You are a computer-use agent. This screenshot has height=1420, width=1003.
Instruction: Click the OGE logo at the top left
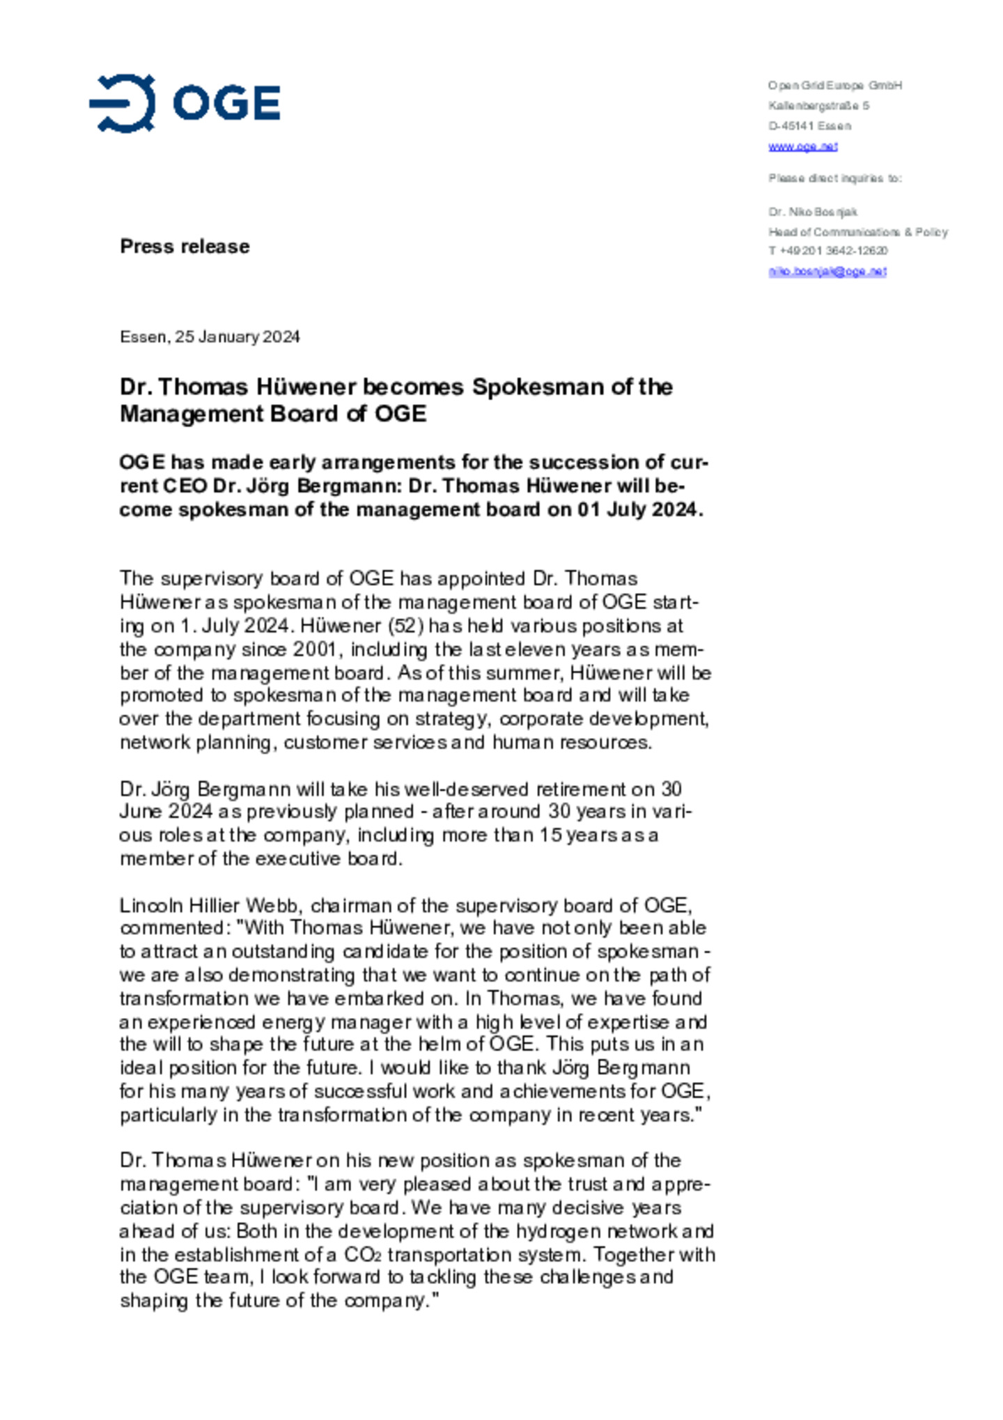(x=185, y=103)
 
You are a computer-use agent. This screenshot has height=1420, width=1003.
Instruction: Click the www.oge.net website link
(x=802, y=146)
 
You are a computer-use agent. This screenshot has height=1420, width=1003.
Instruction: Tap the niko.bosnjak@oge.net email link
(x=827, y=271)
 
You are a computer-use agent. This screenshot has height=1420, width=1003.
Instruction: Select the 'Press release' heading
(x=185, y=246)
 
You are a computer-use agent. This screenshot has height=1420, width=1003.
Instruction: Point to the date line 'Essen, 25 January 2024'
(x=210, y=337)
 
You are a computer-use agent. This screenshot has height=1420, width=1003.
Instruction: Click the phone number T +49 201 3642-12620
(x=827, y=251)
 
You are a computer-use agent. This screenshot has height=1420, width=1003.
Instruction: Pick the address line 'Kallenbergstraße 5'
(x=818, y=106)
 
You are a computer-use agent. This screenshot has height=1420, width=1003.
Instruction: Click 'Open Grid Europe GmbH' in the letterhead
(x=834, y=85)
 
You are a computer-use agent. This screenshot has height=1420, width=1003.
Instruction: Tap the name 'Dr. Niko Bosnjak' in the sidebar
(x=812, y=212)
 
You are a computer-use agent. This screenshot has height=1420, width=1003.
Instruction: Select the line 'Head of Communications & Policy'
(x=857, y=232)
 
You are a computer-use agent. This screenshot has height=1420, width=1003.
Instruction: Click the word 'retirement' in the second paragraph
(x=582, y=789)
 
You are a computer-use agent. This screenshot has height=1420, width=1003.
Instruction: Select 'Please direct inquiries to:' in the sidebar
(x=834, y=178)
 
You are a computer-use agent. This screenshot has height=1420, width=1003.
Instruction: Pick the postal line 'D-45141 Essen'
(x=809, y=126)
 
